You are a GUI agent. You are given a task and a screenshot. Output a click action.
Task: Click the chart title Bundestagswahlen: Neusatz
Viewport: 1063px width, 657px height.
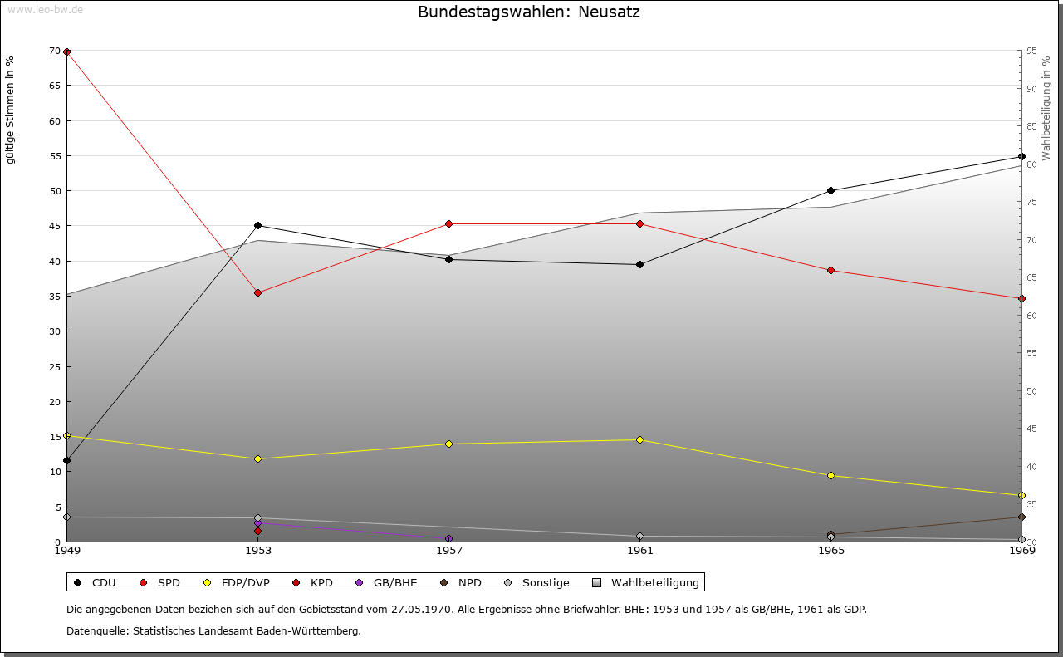tap(529, 12)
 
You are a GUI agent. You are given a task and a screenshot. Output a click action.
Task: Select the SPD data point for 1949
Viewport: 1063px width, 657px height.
tap(66, 51)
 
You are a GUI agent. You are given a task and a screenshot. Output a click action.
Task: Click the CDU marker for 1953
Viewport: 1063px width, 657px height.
tap(257, 225)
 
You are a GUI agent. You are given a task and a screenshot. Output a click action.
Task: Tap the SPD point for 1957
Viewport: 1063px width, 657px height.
tap(448, 223)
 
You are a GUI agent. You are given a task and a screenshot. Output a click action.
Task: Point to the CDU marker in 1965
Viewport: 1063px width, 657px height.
tap(830, 190)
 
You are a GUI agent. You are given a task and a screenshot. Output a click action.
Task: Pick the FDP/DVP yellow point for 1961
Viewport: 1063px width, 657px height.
tap(639, 439)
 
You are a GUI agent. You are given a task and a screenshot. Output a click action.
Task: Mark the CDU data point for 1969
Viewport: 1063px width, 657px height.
tap(1021, 156)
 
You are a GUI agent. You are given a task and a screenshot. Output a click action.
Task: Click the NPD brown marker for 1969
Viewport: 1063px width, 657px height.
tap(1021, 517)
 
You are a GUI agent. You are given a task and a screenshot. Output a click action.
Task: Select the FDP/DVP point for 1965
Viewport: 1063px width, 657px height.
tap(830, 475)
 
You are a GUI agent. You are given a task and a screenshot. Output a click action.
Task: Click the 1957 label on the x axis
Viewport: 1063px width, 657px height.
tap(448, 550)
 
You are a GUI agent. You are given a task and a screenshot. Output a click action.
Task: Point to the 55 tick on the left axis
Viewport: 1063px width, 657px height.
tap(54, 155)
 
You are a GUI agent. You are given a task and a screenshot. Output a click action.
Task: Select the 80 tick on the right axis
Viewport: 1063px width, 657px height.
tap(1031, 164)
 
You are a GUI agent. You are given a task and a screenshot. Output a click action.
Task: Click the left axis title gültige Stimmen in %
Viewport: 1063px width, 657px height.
tap(11, 110)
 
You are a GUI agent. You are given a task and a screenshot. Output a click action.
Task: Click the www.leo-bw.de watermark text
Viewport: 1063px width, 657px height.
tap(45, 10)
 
